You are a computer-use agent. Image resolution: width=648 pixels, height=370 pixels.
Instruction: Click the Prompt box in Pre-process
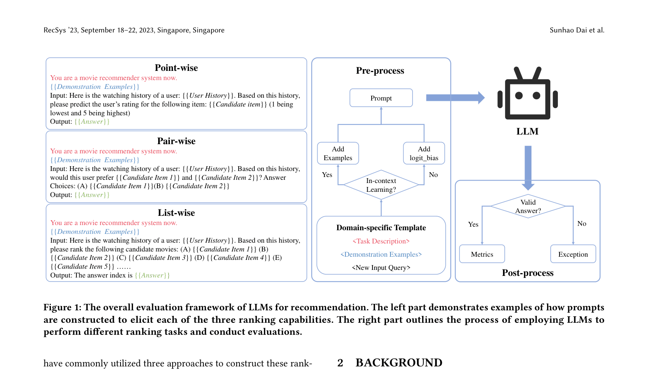[381, 98]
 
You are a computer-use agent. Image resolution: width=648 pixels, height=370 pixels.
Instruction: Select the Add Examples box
[338, 153]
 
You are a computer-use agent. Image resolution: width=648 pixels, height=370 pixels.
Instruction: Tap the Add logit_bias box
[424, 153]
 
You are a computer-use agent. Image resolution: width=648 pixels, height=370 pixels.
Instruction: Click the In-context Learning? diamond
[381, 185]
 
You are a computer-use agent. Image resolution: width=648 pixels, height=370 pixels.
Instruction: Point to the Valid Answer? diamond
[528, 206]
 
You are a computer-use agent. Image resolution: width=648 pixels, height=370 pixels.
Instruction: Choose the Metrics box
[482, 254]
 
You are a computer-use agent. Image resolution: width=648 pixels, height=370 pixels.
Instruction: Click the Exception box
[573, 254]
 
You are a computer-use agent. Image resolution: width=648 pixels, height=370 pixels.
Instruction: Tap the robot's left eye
[519, 95]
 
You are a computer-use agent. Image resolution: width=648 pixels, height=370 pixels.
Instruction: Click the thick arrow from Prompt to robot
[455, 98]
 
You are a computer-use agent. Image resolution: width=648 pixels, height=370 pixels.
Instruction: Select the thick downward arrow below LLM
[528, 168]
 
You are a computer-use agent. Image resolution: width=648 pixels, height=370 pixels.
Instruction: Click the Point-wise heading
[176, 68]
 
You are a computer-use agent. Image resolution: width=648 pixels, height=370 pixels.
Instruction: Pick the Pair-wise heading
[176, 141]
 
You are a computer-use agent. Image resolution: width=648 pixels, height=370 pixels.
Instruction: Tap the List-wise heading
[176, 213]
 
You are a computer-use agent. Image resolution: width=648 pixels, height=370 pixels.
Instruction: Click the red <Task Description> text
[381, 241]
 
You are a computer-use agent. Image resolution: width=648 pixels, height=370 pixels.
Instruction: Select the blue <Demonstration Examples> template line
[381, 254]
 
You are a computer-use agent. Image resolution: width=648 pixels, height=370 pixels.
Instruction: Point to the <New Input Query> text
[381, 267]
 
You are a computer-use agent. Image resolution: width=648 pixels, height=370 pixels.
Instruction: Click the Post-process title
[528, 273]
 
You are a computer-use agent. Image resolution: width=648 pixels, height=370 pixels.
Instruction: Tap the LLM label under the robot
[527, 131]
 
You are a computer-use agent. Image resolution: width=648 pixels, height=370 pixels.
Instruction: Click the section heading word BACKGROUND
[399, 362]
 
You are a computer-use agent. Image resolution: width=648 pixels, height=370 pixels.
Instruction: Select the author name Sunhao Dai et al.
[577, 30]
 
